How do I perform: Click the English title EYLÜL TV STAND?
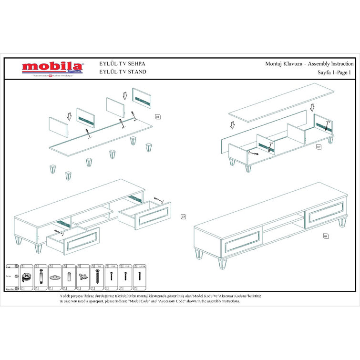coord(122,72)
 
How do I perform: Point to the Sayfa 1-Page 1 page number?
coord(334,72)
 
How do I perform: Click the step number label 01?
coord(158,116)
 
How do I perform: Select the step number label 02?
coord(319,147)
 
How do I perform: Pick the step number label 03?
coord(183,216)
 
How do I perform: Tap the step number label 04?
coord(326,236)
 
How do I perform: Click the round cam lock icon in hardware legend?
coord(27,276)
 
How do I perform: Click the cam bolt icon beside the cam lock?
coord(41,276)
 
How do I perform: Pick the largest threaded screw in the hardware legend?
coord(98,276)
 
